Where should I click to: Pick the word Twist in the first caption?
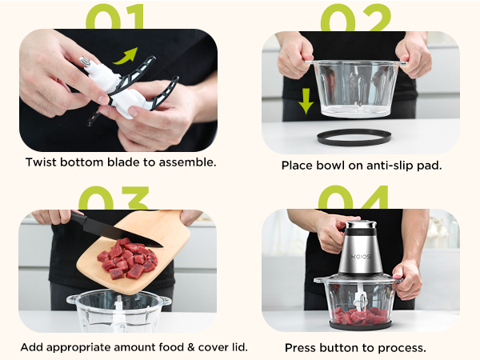coord(42,162)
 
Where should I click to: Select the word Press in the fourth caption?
coord(301,348)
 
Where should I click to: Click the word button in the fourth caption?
coord(342,348)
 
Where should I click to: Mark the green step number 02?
coord(357,18)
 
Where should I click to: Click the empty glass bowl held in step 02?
coord(353,87)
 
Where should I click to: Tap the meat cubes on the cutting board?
coord(127,258)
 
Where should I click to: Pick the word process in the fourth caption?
coord(402,348)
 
